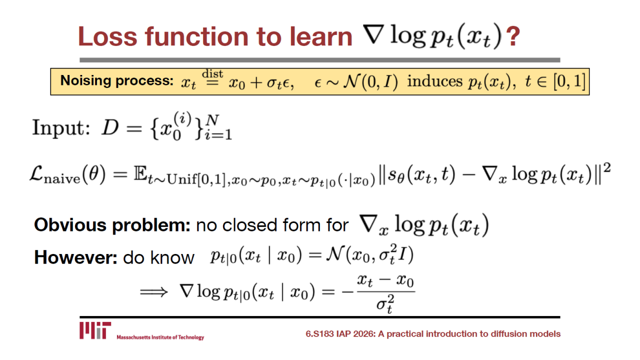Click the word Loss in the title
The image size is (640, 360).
(x=107, y=36)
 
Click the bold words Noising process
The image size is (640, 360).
(x=117, y=81)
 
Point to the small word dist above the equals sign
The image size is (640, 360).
(x=212, y=74)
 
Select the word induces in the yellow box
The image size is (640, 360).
(x=434, y=81)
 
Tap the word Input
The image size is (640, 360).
(x=61, y=128)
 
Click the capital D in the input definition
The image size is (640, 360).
(x=110, y=127)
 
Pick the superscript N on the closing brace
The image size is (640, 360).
(x=212, y=120)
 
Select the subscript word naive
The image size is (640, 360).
(x=62, y=179)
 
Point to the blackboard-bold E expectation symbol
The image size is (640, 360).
(x=140, y=173)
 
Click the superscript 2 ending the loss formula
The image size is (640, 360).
(x=607, y=167)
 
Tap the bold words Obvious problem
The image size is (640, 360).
(x=112, y=225)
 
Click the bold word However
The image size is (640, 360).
(x=75, y=257)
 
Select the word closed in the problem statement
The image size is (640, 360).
(x=249, y=225)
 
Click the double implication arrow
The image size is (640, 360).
(x=153, y=292)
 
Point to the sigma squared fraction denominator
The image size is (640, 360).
(x=385, y=304)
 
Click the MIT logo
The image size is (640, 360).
(x=95, y=330)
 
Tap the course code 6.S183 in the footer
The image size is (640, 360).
(x=319, y=333)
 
